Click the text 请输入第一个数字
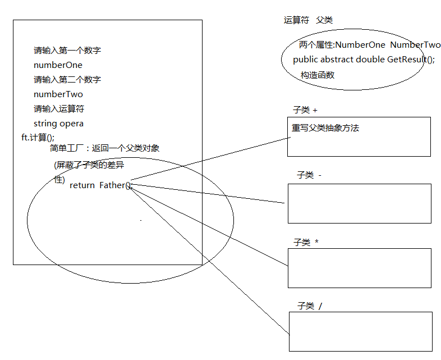(x=67, y=51)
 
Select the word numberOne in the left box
(x=58, y=65)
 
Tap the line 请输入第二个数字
(x=67, y=80)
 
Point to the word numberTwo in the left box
(x=58, y=94)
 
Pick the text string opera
(x=58, y=124)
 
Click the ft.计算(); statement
(x=38, y=137)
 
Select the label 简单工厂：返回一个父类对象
(x=104, y=148)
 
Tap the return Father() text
(x=100, y=185)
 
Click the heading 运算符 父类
(x=308, y=20)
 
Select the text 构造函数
(x=317, y=75)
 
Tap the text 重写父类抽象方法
(x=325, y=128)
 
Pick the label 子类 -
(x=309, y=175)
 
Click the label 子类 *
(x=306, y=242)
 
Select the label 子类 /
(x=310, y=306)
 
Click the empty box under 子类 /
(x=360, y=331)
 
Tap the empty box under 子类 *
(x=359, y=268)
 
